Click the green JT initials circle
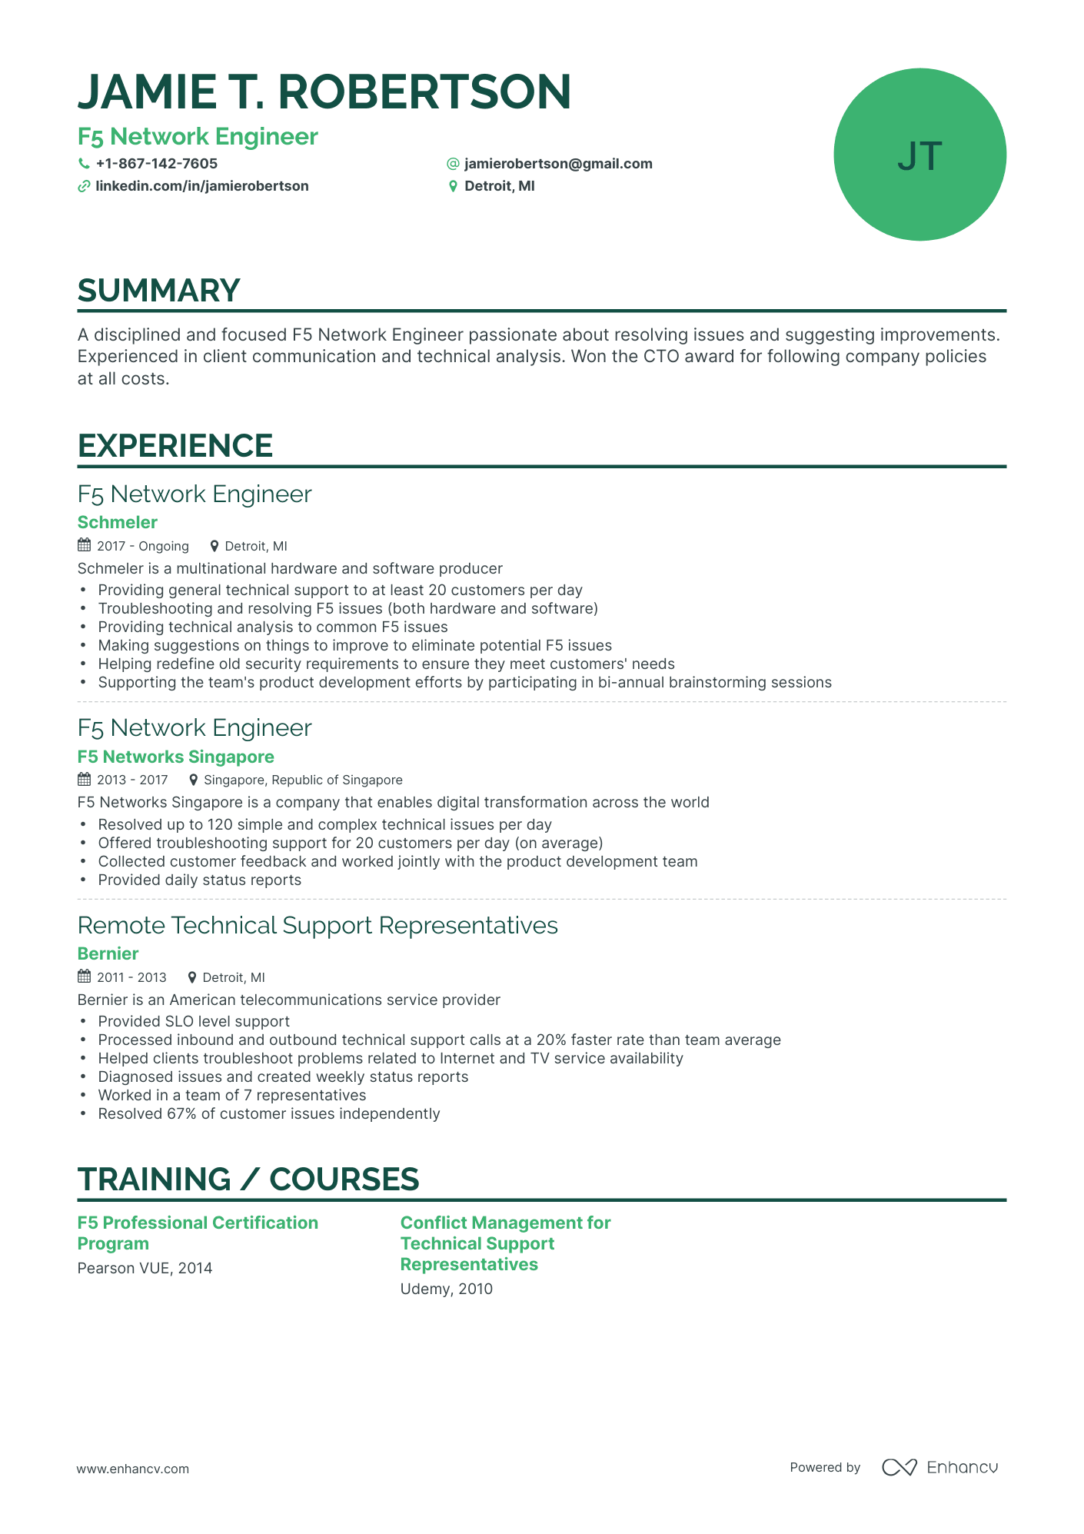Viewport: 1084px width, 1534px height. pos(919,155)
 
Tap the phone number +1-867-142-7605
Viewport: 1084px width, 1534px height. pos(156,164)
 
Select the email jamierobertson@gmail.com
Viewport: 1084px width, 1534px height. pos(558,164)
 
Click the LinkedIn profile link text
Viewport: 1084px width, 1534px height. pos(201,186)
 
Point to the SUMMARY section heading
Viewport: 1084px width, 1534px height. pos(159,291)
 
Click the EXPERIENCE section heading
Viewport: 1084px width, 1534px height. pos(175,446)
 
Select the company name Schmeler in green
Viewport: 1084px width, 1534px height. pos(118,523)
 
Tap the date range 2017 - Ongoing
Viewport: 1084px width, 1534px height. pos(142,546)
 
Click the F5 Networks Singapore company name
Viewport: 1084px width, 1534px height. pos(176,757)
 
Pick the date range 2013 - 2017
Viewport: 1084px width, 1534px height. pos(132,780)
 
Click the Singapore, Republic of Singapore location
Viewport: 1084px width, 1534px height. pos(303,780)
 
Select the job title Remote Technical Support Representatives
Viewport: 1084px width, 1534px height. pos(318,925)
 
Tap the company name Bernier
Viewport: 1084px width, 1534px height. pos(108,954)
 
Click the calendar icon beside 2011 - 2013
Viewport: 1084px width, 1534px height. pos(85,977)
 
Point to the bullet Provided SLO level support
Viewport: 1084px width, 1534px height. pos(194,1021)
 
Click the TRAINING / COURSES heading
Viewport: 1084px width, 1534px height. pos(248,1180)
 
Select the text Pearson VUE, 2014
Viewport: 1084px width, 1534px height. pos(145,1268)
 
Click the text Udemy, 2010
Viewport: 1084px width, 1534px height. pos(446,1289)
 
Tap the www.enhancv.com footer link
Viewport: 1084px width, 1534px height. pos(132,1469)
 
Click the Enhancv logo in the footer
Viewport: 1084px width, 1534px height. pos(939,1467)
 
